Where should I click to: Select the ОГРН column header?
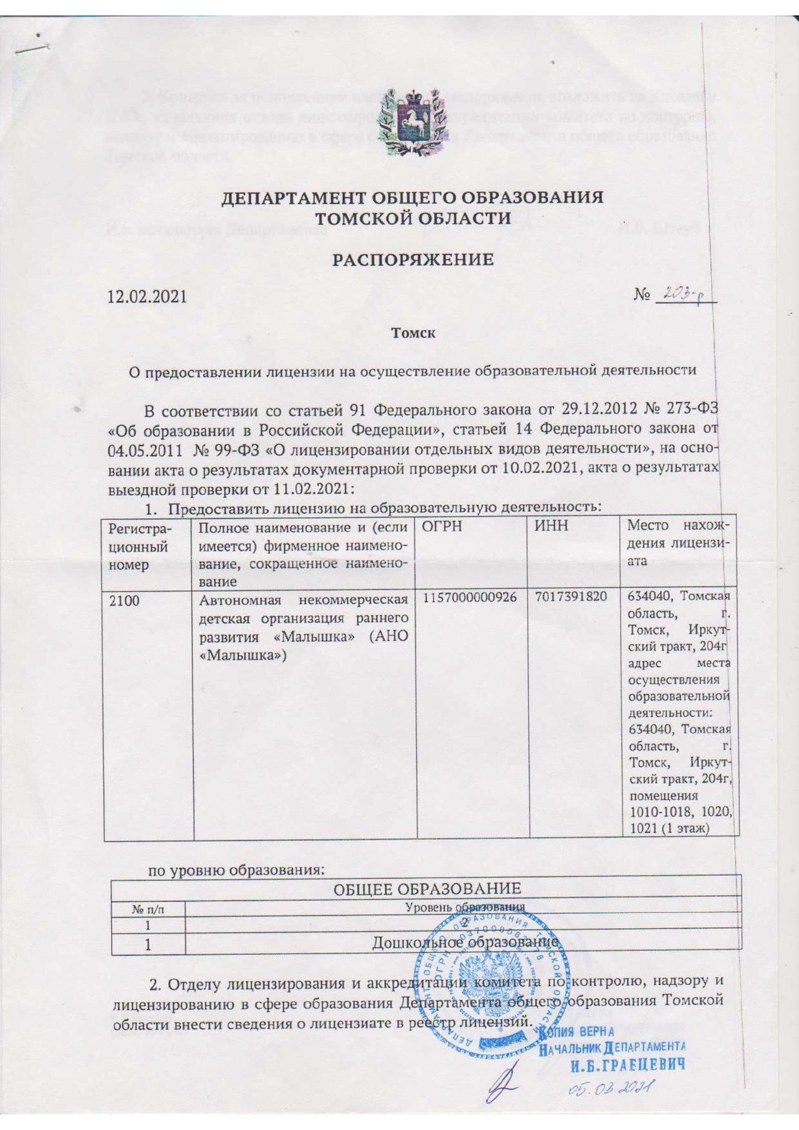(441, 526)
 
